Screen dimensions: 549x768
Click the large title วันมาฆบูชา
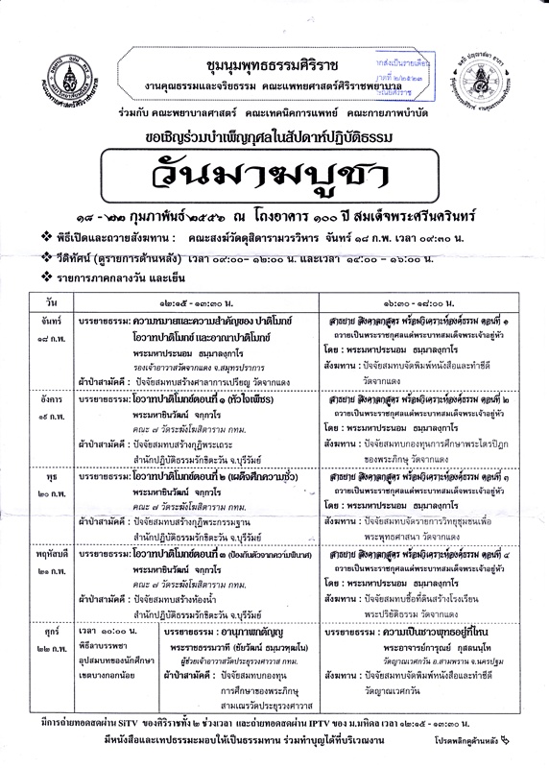pyautogui.click(x=274, y=173)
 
